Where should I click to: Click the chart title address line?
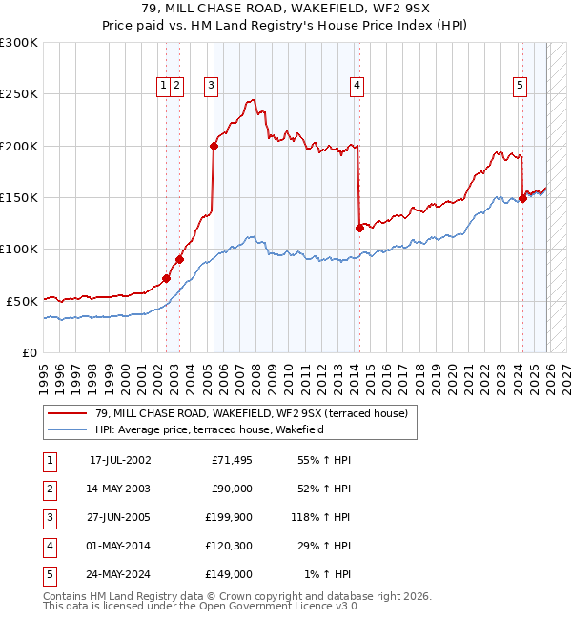tap(286, 10)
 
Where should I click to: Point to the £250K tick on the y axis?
tap(19, 94)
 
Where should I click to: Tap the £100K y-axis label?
tap(19, 249)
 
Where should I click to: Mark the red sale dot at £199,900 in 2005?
tap(214, 146)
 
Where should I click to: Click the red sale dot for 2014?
tap(359, 228)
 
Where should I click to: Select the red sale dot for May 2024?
tap(522, 199)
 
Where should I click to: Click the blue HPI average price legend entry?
tap(210, 429)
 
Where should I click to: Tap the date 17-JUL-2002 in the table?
tap(120, 460)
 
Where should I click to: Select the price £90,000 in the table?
tap(232, 489)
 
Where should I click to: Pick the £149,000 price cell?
tap(232, 574)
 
